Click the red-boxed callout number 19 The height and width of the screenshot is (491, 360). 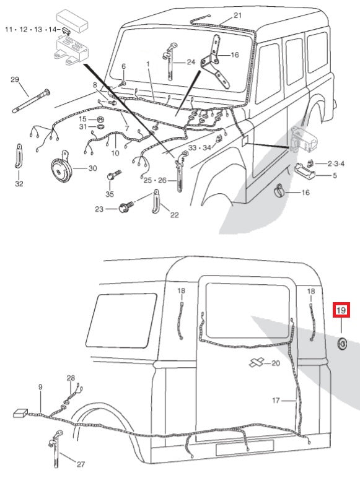pyautogui.click(x=341, y=310)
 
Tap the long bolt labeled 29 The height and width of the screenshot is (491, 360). pyautogui.click(x=31, y=101)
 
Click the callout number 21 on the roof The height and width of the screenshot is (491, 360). pyautogui.click(x=238, y=15)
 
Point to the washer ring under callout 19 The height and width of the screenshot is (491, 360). pyautogui.click(x=341, y=344)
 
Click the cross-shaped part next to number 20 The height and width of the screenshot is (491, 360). pyautogui.click(x=257, y=363)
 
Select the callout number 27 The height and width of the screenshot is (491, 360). pyautogui.click(x=81, y=464)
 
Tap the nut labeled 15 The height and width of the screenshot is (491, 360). pyautogui.click(x=100, y=119)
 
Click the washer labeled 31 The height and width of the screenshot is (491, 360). pyautogui.click(x=100, y=127)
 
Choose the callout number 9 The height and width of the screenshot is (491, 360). pyautogui.click(x=40, y=387)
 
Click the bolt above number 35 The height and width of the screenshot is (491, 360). pyautogui.click(x=114, y=175)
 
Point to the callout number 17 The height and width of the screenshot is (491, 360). pyautogui.click(x=276, y=400)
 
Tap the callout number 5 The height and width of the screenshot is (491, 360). pyautogui.click(x=335, y=175)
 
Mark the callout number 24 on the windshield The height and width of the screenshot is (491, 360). pyautogui.click(x=191, y=62)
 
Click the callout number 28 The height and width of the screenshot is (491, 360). pyautogui.click(x=71, y=378)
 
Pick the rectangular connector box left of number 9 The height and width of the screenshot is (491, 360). pyautogui.click(x=20, y=413)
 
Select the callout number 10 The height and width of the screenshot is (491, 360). pyautogui.click(x=115, y=153)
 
